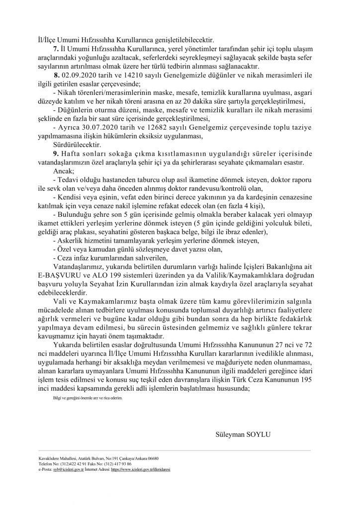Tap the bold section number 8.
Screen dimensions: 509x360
(x=57, y=75)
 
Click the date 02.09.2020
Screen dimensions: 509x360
(x=80, y=75)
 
